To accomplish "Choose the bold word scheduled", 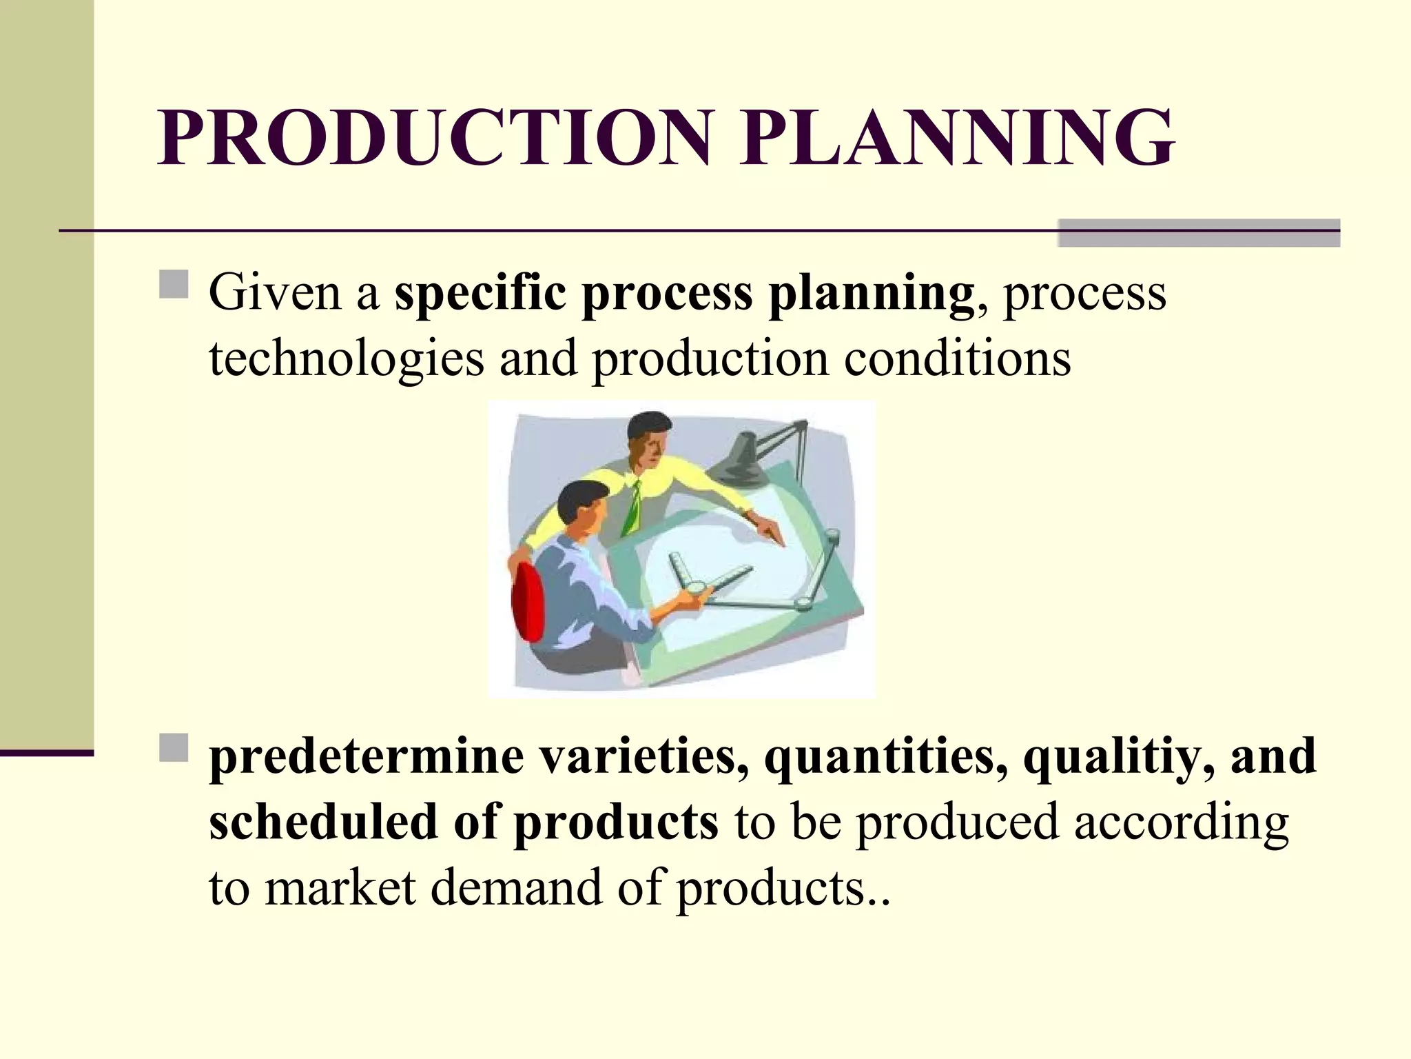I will [323, 822].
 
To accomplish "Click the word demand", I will [516, 887].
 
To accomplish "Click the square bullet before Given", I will [174, 284].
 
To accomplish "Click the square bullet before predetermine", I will [174, 748].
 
